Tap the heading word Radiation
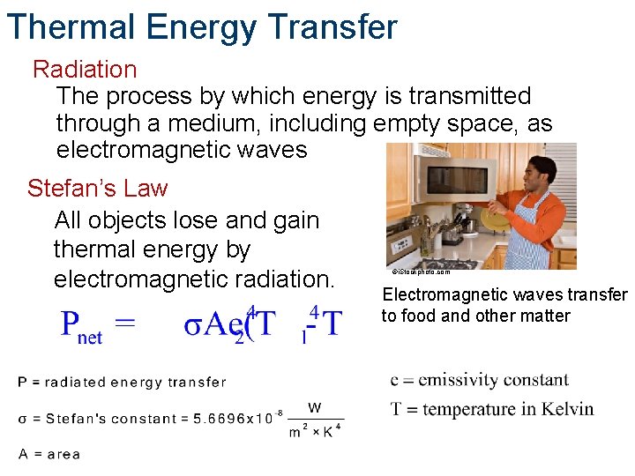point(85,69)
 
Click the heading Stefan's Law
point(97,188)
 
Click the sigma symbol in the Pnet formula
point(192,324)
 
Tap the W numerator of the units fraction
point(314,407)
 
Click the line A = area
point(49,454)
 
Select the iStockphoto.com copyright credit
point(421,272)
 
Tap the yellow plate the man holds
point(489,205)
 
